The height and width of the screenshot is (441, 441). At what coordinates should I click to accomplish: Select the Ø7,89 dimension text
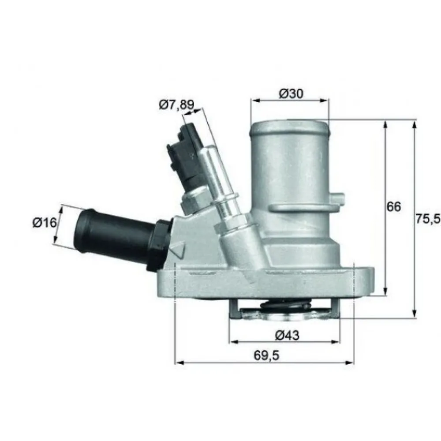click(x=175, y=105)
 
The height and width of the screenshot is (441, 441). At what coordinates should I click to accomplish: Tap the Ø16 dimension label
click(x=45, y=223)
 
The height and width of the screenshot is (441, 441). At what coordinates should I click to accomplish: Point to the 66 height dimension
click(x=394, y=206)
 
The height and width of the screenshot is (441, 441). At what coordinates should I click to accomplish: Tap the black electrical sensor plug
click(x=185, y=154)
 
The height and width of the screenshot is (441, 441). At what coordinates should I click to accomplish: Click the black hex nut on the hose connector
click(x=159, y=245)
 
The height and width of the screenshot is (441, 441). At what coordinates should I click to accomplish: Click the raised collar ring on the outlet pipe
click(x=300, y=206)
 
